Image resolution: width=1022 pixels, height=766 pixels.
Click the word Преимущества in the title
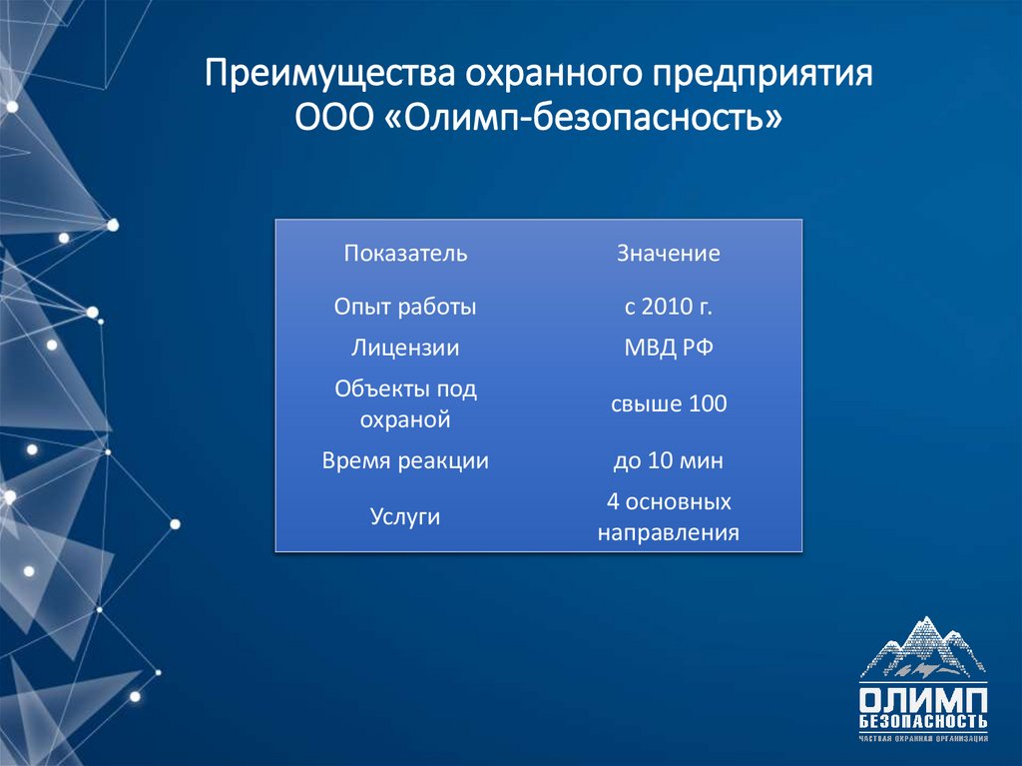[318, 75]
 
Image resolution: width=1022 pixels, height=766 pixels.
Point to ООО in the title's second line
[335, 118]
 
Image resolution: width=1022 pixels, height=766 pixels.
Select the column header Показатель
[405, 254]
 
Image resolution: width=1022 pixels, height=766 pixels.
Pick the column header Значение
[668, 254]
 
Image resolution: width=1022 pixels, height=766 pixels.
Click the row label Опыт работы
[405, 307]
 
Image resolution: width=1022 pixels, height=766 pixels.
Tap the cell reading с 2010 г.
[668, 307]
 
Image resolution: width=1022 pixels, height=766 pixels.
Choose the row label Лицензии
[405, 348]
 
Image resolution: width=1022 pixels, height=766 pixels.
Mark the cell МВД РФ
[668, 348]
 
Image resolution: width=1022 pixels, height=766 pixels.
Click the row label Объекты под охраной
[405, 404]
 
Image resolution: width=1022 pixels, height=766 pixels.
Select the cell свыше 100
[668, 404]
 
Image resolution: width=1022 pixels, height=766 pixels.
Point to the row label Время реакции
[405, 461]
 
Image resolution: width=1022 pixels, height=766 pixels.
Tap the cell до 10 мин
[668, 461]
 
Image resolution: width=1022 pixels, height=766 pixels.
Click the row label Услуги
[405, 517]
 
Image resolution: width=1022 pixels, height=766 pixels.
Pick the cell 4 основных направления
[668, 517]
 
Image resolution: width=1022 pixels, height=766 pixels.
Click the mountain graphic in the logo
[923, 648]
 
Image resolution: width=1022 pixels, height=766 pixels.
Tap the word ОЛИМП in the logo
[923, 697]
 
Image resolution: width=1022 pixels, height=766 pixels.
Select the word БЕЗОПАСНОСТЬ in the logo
[923, 722]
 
